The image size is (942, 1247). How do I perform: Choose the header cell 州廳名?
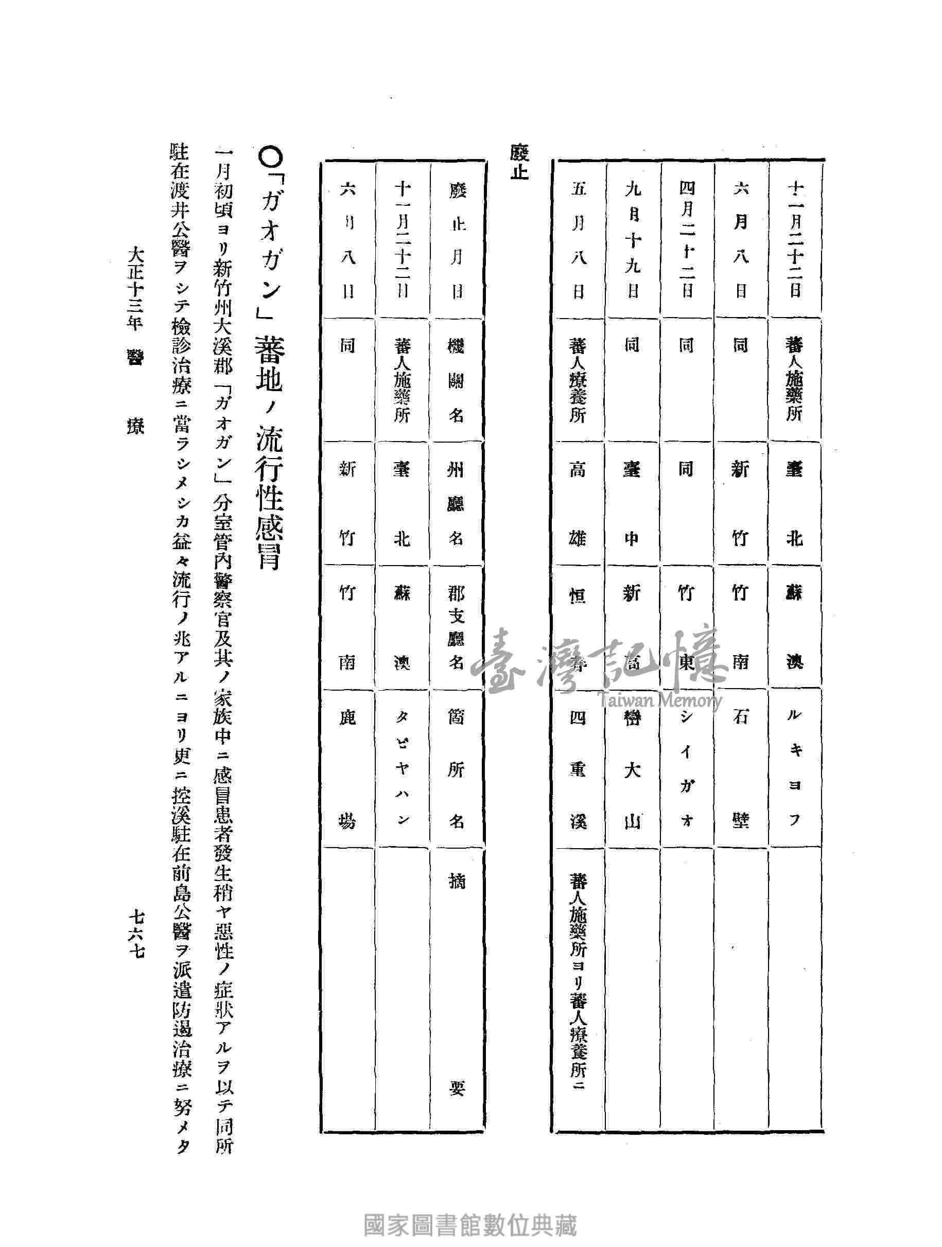click(456, 503)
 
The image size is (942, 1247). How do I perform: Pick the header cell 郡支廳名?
click(456, 628)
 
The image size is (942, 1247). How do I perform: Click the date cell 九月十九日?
click(632, 242)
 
